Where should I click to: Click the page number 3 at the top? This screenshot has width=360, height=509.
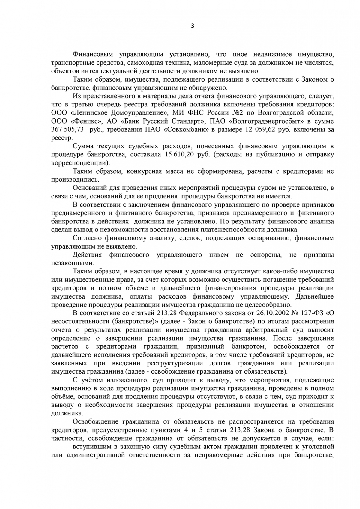click(193, 26)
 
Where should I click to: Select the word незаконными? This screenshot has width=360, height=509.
click(73, 263)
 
